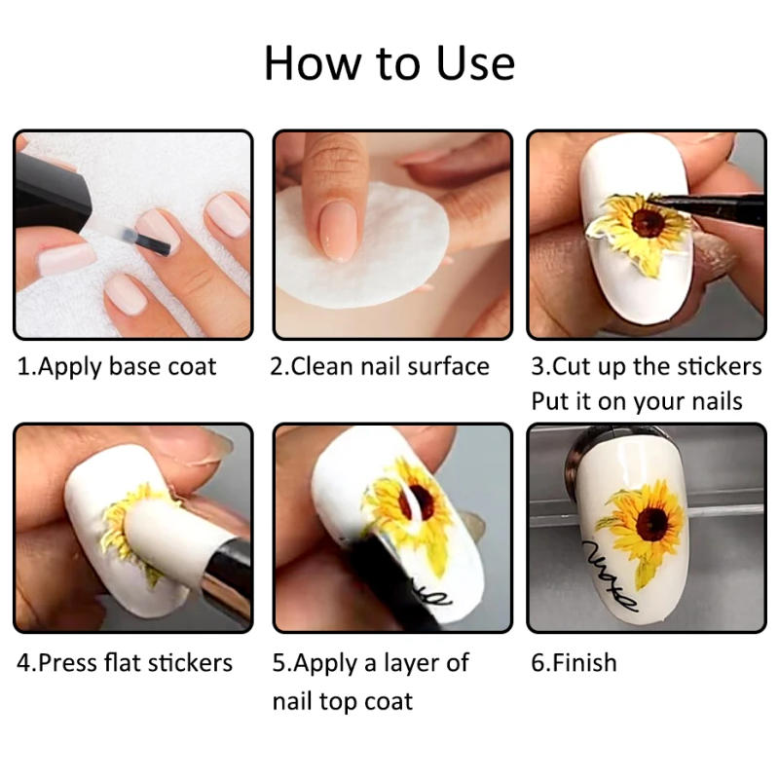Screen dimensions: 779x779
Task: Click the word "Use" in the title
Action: click(x=475, y=63)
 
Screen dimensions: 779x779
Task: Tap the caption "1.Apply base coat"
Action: click(x=117, y=368)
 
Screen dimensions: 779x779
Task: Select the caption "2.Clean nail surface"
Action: click(x=380, y=367)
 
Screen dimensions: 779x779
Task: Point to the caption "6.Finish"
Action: click(x=574, y=663)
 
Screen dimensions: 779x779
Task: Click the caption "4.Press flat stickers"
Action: click(x=125, y=663)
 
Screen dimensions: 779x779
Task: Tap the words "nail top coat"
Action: click(x=343, y=702)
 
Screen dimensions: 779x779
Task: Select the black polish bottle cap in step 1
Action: click(x=50, y=194)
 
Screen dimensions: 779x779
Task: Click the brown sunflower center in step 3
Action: click(x=648, y=222)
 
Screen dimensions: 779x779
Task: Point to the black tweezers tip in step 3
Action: click(x=661, y=200)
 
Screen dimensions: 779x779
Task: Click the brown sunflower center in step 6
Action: click(x=651, y=524)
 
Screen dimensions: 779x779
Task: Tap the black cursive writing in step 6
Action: click(x=609, y=576)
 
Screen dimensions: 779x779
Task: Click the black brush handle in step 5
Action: click(x=392, y=586)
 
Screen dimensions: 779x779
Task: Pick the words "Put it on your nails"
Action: click(x=637, y=401)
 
